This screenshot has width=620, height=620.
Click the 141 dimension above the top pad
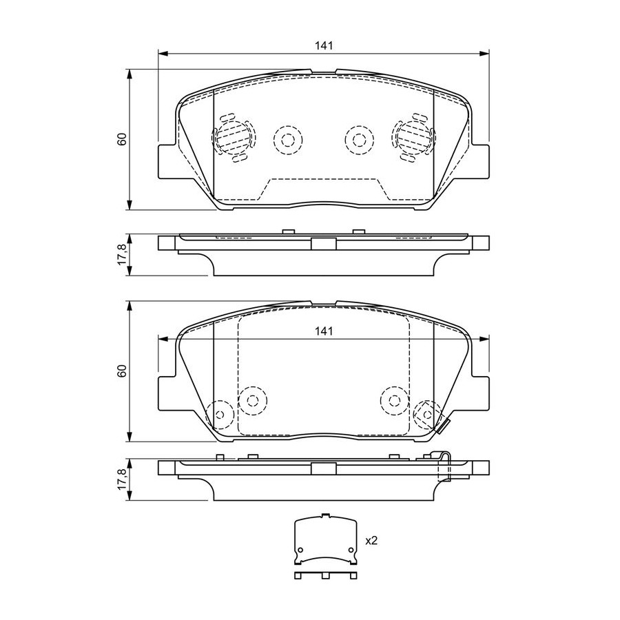point(324,45)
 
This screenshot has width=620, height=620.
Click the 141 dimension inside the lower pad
point(324,331)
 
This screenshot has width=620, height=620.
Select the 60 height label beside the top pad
point(122,139)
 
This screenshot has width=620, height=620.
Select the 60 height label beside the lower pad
point(122,371)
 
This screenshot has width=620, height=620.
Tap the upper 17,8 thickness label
point(123,254)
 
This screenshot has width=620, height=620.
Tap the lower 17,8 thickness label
point(123,479)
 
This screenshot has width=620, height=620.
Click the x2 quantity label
point(371,541)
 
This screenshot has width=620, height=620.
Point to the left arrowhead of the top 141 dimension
point(163,53)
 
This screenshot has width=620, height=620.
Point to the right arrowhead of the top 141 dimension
point(484,53)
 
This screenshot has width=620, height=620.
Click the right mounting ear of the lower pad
point(479,393)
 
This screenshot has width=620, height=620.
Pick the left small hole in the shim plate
point(300,550)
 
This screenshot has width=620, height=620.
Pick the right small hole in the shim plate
point(351,550)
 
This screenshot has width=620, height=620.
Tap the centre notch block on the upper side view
point(324,244)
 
